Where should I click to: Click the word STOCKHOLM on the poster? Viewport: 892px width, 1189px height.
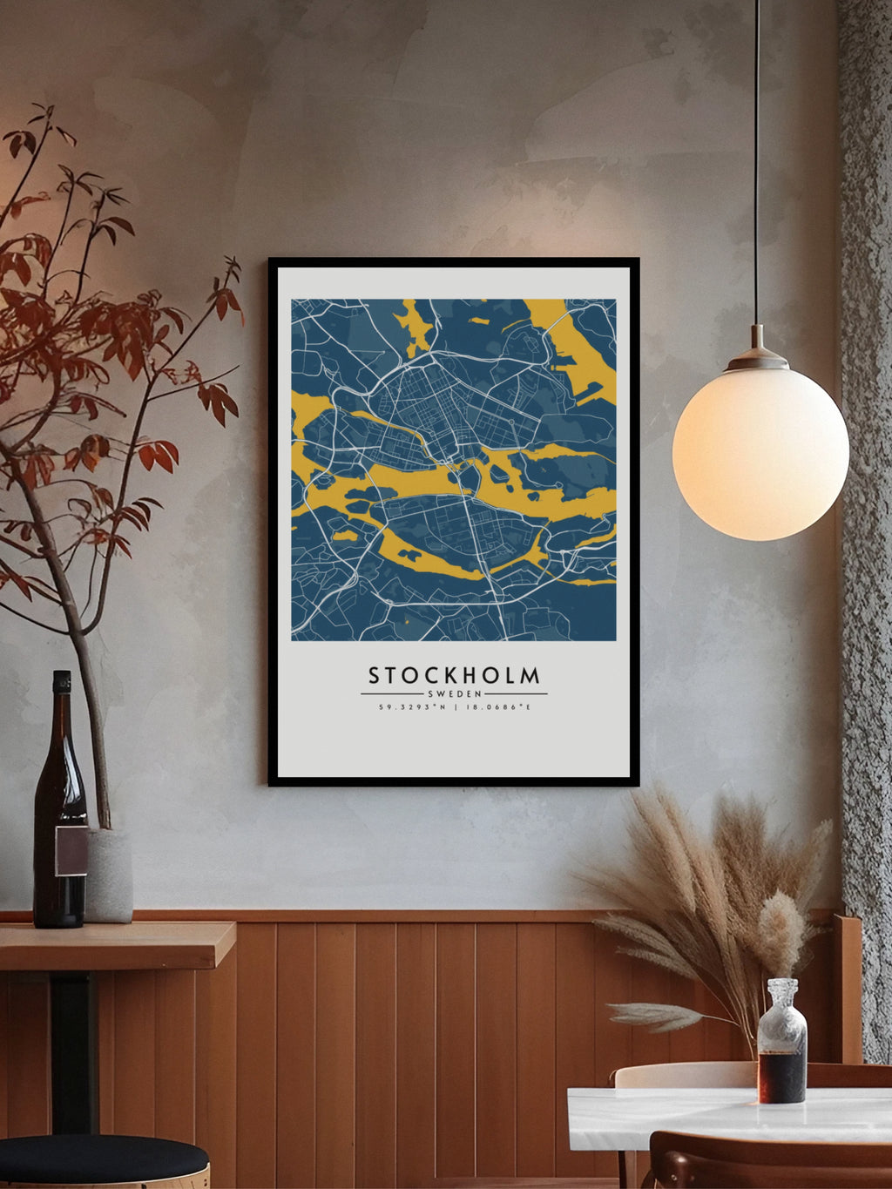pyautogui.click(x=454, y=675)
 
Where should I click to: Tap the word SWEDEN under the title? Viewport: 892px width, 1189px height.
pyautogui.click(x=454, y=693)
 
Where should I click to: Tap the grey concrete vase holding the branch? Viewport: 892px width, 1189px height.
pyautogui.click(x=109, y=875)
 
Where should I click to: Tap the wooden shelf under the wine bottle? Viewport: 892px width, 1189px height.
pyautogui.click(x=113, y=945)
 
